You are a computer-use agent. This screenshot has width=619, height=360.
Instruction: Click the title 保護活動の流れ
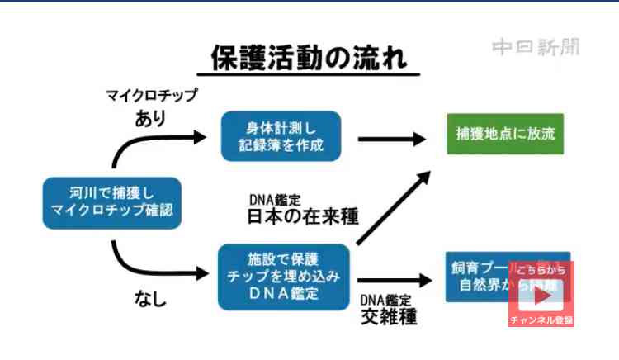click(308, 60)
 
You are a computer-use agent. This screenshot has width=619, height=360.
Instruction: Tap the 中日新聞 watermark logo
click(536, 47)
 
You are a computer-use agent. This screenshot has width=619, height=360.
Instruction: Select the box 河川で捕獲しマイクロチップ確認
click(111, 201)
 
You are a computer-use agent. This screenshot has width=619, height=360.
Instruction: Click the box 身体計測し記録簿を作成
click(281, 136)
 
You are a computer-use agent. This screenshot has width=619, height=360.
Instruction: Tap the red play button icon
click(541, 295)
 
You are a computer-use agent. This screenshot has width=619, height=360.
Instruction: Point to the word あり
click(150, 118)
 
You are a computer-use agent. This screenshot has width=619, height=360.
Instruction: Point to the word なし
click(150, 300)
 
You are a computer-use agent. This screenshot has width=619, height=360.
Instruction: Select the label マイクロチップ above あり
click(151, 96)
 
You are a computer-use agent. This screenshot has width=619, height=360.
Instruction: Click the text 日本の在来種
click(303, 217)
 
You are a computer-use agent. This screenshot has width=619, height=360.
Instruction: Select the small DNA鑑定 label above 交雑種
click(386, 298)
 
